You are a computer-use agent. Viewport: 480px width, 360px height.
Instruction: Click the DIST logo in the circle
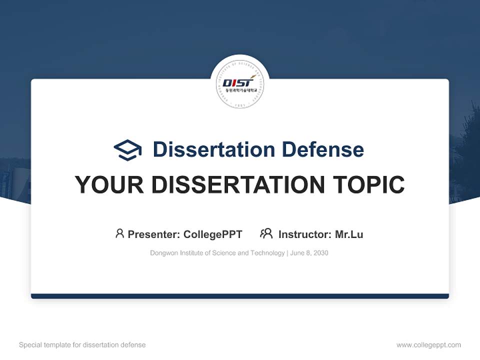pos(240,83)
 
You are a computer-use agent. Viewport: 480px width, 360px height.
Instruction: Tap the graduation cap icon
pos(127,150)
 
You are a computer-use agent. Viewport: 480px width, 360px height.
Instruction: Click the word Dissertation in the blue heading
pos(213,149)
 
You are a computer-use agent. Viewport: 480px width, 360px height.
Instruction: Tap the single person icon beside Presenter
pos(119,233)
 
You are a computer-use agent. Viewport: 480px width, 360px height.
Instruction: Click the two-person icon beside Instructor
pos(266,233)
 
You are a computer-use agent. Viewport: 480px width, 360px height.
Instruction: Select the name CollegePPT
pos(213,234)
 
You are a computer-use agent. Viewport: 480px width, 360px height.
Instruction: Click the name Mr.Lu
pos(349,234)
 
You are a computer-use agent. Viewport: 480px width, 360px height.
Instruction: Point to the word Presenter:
pos(154,234)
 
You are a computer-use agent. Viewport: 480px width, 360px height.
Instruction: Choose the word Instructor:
pos(304,234)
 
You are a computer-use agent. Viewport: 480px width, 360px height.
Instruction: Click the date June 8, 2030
pos(309,253)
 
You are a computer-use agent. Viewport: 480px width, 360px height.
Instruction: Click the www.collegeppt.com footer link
pos(428,345)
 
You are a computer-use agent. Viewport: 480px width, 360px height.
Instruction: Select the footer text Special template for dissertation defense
pos(82,345)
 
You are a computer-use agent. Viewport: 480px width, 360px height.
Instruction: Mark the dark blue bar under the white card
pos(240,296)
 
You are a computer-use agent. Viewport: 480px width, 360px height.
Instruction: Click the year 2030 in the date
pos(320,253)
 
